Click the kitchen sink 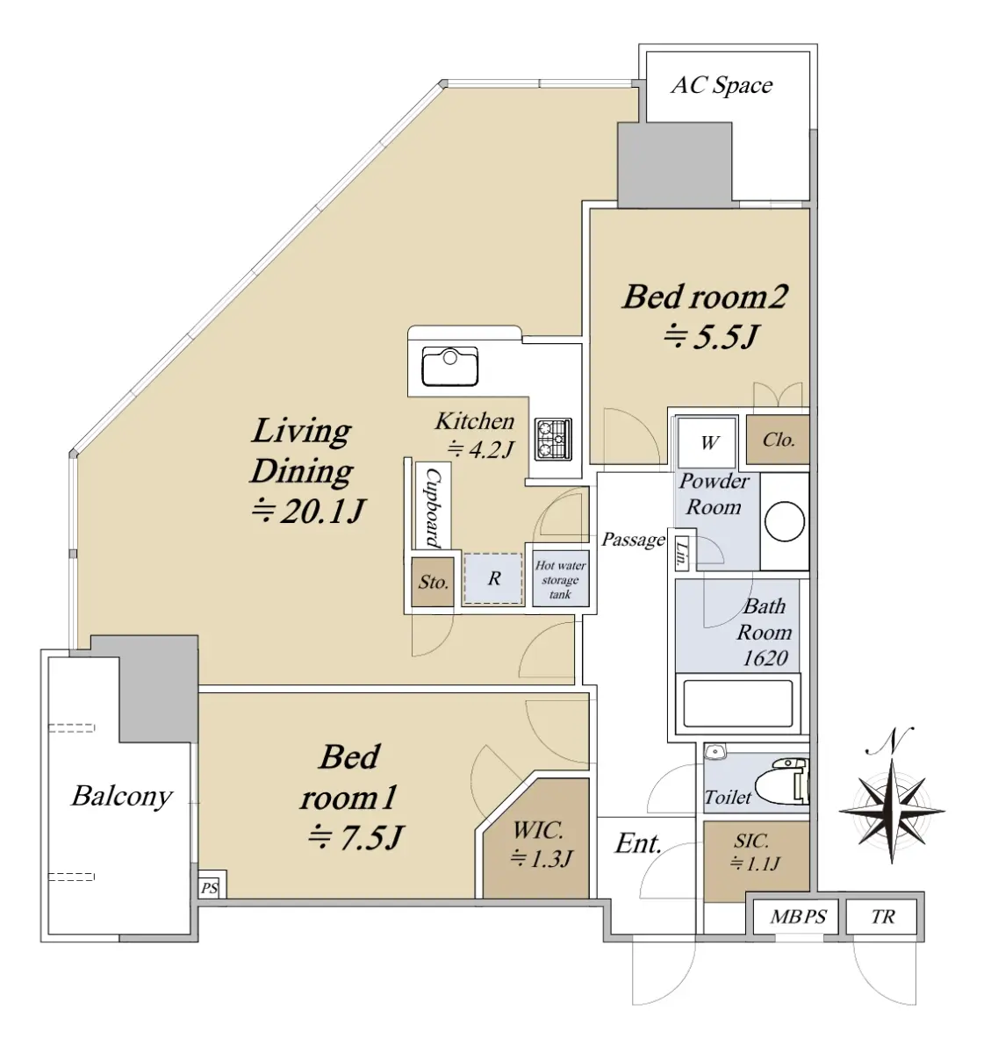pos(450,367)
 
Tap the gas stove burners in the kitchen pos(553,440)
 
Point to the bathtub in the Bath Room pos(737,704)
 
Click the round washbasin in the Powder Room pos(784,520)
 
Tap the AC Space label pos(722,85)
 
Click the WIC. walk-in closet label pos(537,830)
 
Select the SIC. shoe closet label pos(751,842)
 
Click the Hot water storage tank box pos(560,579)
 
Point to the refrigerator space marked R pos(493,578)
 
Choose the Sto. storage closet pos(433,582)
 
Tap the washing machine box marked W pos(707,443)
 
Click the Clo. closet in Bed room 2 pos(778,440)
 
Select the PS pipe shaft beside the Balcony pos(210,888)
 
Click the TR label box pos(881,917)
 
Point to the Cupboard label pos(434,507)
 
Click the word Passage pos(633,540)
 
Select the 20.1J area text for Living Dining pos(308,511)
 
